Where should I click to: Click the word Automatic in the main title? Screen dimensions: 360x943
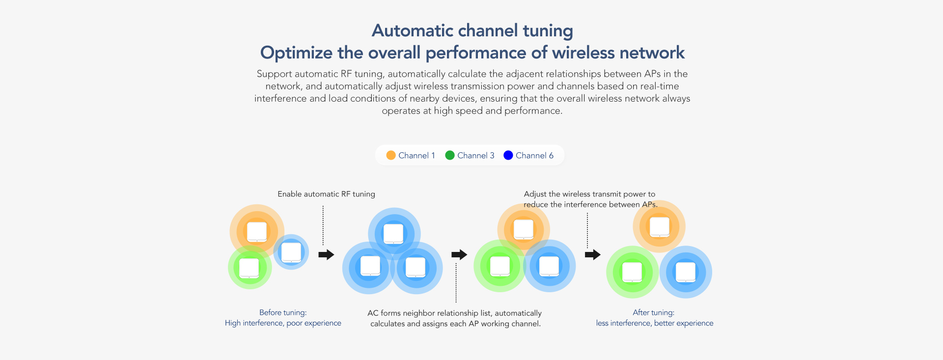413,30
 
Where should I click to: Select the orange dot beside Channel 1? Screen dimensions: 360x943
391,155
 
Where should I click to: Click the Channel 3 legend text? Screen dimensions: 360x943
475,156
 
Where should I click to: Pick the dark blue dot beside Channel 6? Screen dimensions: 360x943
508,155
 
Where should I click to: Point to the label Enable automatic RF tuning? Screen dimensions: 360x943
326,194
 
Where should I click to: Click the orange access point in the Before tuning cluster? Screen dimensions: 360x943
257,231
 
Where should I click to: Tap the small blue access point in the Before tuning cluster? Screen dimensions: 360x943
291,252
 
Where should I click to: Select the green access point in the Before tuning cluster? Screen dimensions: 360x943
250,268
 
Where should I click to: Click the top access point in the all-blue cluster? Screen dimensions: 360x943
394,233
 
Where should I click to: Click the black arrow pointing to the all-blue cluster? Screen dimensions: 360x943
326,254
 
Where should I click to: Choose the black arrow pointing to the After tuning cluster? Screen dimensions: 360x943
593,254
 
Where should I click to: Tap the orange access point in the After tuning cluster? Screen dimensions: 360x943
660,226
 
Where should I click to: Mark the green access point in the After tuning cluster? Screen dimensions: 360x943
632,272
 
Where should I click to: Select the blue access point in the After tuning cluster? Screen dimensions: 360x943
686,272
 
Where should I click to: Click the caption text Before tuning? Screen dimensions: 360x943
283,312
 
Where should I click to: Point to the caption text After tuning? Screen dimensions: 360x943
653,312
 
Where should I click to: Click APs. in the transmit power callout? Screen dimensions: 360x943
650,204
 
